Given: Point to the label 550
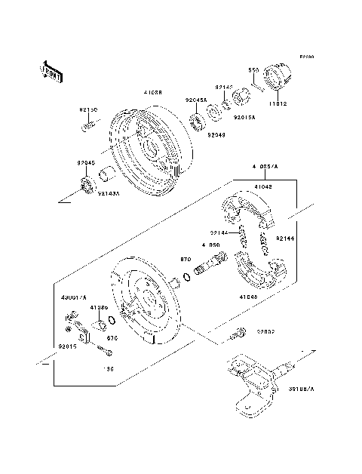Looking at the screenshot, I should click(254, 70).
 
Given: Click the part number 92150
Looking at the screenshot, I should click(89, 111).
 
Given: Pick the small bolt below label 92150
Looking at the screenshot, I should click(89, 125).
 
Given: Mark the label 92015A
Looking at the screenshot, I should click(244, 118).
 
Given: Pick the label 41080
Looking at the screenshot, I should click(99, 308).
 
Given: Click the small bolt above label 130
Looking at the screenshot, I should click(103, 351).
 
